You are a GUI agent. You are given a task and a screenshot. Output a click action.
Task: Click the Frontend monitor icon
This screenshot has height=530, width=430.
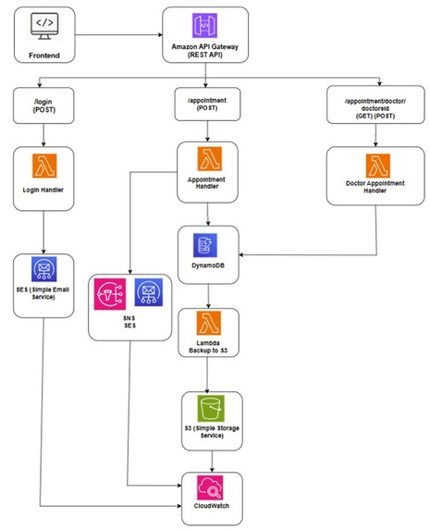point(44,27)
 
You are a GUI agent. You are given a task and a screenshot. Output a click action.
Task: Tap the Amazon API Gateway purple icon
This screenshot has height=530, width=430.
point(204,26)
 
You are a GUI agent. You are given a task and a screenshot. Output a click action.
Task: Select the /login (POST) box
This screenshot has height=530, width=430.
point(43,105)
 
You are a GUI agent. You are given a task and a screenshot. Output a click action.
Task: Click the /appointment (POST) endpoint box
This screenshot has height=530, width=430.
point(207,105)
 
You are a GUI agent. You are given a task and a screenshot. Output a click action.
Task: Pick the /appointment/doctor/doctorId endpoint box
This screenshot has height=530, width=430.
point(375,105)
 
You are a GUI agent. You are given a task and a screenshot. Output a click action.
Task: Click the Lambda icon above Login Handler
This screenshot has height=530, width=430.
point(44,166)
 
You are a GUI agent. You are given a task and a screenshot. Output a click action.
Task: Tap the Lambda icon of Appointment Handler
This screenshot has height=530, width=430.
point(210,158)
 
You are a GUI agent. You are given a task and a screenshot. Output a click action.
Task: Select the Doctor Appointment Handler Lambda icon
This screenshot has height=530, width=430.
point(378,166)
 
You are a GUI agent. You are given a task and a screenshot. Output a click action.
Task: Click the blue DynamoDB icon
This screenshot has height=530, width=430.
point(205,245)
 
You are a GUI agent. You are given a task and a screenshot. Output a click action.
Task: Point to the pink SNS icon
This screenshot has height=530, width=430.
point(110,294)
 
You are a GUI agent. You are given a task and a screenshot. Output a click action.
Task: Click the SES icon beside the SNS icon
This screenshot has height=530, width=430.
point(148,292)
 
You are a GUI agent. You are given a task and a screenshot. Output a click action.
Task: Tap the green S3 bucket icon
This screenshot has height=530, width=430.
point(211,409)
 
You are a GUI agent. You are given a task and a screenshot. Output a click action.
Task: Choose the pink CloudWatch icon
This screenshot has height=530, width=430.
point(210,487)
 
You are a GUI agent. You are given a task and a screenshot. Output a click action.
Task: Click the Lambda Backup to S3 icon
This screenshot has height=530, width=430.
point(209,323)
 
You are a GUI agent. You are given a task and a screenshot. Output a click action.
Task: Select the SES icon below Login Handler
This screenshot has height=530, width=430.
point(44,269)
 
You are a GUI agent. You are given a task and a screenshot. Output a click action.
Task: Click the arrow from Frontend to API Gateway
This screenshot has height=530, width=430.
point(118,34)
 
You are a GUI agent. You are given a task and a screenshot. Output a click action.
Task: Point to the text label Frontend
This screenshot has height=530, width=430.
point(44,55)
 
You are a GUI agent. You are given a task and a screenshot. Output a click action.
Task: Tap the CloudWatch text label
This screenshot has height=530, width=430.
point(212,506)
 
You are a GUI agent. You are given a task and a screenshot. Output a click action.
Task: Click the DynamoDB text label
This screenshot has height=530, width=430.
point(208,265)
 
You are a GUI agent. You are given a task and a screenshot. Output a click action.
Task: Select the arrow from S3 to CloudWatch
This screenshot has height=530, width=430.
point(212,461)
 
